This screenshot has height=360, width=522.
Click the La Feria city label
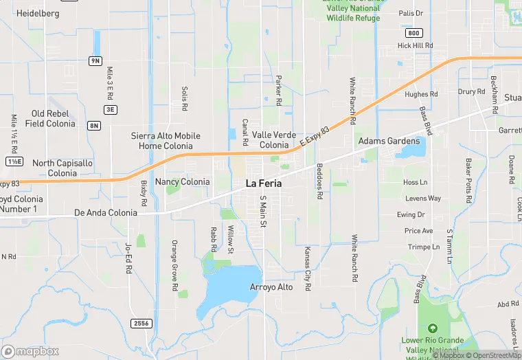(x=263, y=184)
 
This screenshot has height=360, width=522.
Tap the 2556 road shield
(x=141, y=323)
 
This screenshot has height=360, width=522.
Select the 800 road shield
(x=413, y=33)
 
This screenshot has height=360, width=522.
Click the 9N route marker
(x=95, y=61)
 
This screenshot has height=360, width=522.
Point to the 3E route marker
(x=110, y=109)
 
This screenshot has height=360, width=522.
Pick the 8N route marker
(x=94, y=125)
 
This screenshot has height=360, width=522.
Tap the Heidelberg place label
(x=38, y=13)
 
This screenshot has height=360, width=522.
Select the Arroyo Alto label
(x=271, y=286)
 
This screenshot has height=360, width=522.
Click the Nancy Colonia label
(x=182, y=182)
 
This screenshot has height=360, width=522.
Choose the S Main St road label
(x=262, y=211)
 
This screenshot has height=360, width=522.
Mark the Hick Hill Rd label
(x=416, y=46)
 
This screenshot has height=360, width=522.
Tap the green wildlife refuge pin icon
(x=433, y=330)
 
